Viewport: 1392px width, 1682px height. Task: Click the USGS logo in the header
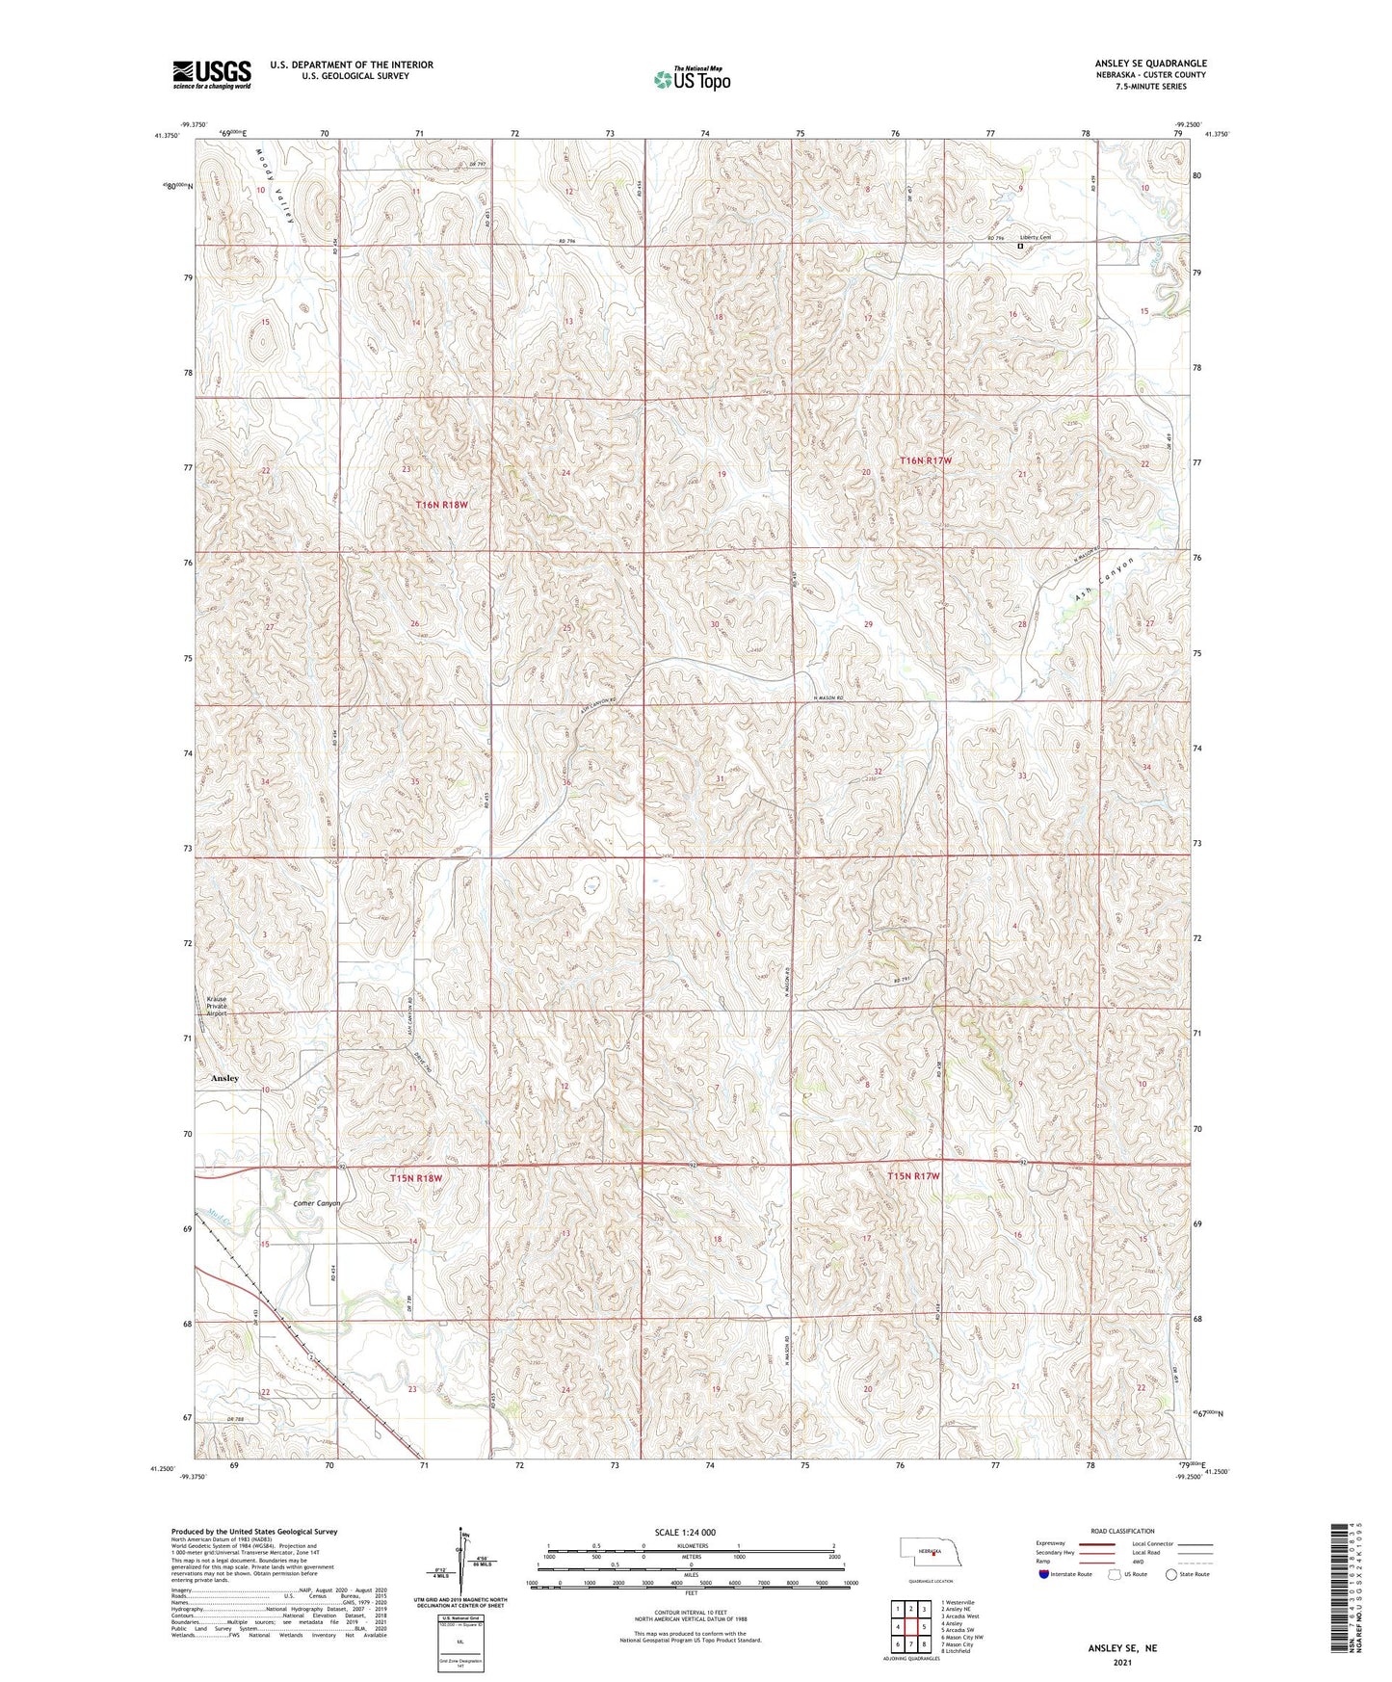(x=211, y=74)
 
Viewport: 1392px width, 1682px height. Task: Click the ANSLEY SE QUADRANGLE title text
(x=1150, y=64)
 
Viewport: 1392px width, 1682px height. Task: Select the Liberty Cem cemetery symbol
(x=1020, y=247)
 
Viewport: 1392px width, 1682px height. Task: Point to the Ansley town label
(x=224, y=1078)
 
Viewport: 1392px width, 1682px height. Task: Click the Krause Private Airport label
(x=216, y=1007)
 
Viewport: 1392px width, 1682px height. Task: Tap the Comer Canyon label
(x=317, y=1203)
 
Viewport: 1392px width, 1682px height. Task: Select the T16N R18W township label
(x=441, y=505)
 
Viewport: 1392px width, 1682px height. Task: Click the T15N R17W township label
(x=913, y=1176)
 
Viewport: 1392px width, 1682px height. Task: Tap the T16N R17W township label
(x=925, y=460)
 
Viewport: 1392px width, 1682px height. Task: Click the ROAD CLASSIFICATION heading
(x=1123, y=1531)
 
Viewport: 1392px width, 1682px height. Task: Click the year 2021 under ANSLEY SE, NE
(x=1122, y=1662)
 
